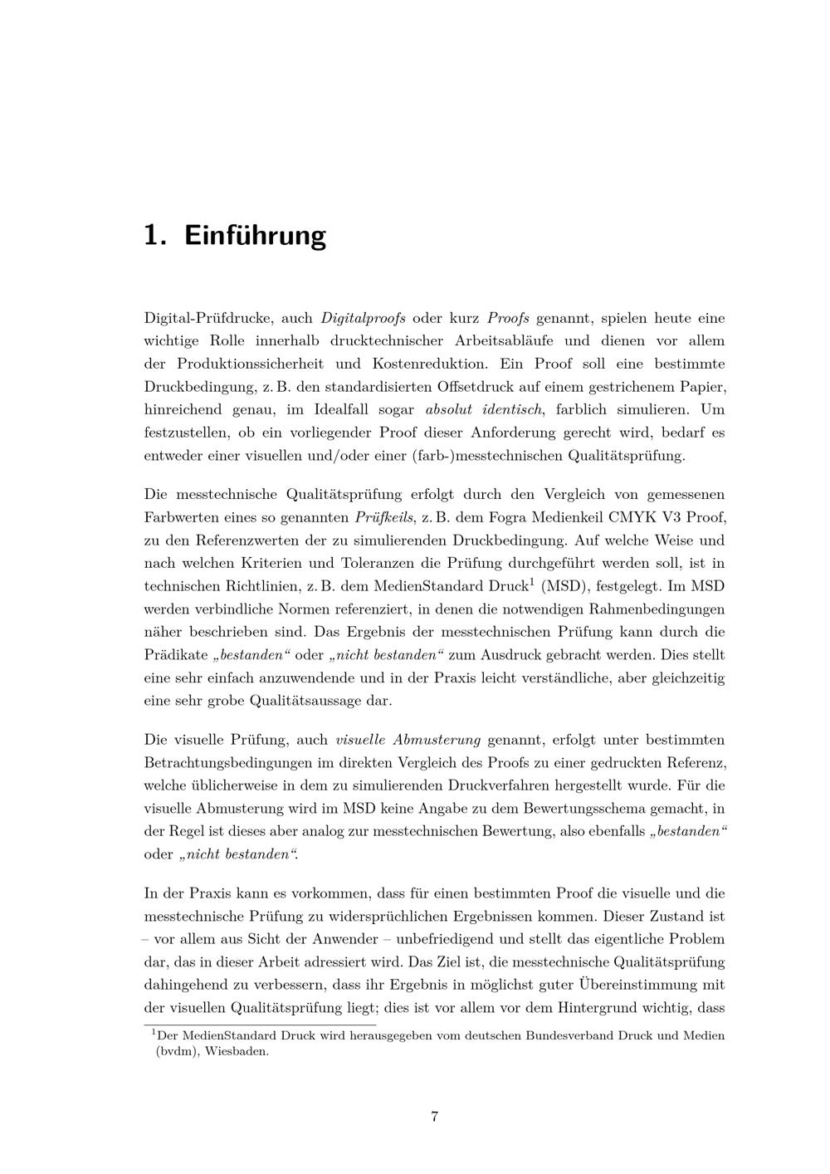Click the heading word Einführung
[x=255, y=235]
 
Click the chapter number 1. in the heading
[x=155, y=235]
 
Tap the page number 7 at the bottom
[x=434, y=1116]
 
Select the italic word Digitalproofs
[x=363, y=317]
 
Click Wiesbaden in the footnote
[x=237, y=1050]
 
